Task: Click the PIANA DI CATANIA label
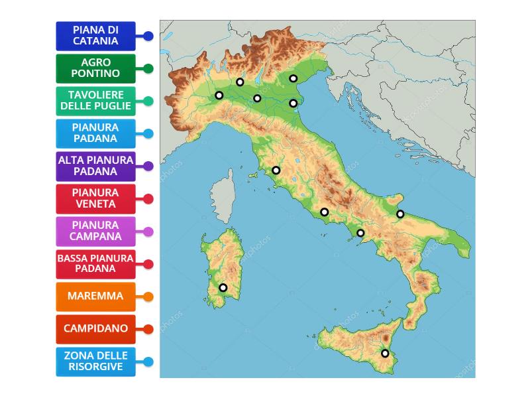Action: [x=95, y=35]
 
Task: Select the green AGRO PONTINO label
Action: [x=95, y=68]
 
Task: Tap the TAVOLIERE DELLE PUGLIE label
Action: [x=95, y=100]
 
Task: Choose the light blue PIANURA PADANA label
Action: [x=95, y=133]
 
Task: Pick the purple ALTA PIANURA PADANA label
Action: [x=95, y=166]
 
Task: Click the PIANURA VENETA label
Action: [x=95, y=198]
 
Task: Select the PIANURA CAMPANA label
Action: [x=95, y=231]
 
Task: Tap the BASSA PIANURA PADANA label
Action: [x=95, y=263]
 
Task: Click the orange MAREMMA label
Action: [x=95, y=296]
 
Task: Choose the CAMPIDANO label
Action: [x=95, y=328]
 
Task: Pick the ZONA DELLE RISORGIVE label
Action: [x=95, y=361]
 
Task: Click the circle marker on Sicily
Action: [x=385, y=354]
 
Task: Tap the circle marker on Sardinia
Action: [x=223, y=288]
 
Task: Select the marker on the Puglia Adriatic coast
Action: [x=400, y=214]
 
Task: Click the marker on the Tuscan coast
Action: [x=276, y=170]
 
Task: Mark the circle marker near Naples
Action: [x=360, y=233]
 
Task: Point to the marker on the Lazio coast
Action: [x=324, y=212]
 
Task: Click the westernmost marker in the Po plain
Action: [x=219, y=96]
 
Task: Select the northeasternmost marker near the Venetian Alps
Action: [x=293, y=79]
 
